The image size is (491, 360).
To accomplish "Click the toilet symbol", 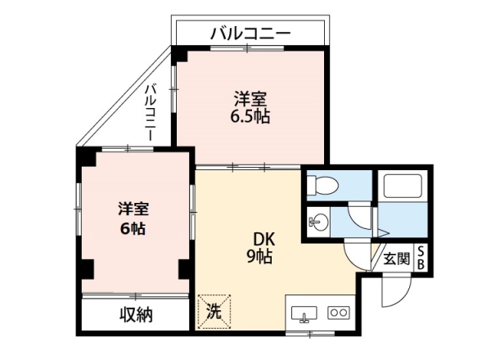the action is coord(322,186).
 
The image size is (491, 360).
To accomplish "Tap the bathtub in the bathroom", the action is coord(403,186).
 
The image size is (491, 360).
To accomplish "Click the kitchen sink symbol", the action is coord(304,313).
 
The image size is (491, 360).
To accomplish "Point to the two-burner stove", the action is coord(339,313).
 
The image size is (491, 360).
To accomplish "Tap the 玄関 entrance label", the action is coord(396,259).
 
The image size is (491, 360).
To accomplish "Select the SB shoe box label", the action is coord(421,258).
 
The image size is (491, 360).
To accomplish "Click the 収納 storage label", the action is coord(136,315).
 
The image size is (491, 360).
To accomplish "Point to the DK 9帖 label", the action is coord(260,249).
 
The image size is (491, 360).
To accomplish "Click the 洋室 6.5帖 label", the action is coord(250,107).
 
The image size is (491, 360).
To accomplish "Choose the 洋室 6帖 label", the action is coord(133,218).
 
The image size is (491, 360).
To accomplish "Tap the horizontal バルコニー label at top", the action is coord(250,34).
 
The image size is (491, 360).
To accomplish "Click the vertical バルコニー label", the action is coord(151,112).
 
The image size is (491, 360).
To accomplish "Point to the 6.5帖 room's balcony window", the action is coord(247,48).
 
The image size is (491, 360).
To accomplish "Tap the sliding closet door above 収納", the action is coord(135,296).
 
